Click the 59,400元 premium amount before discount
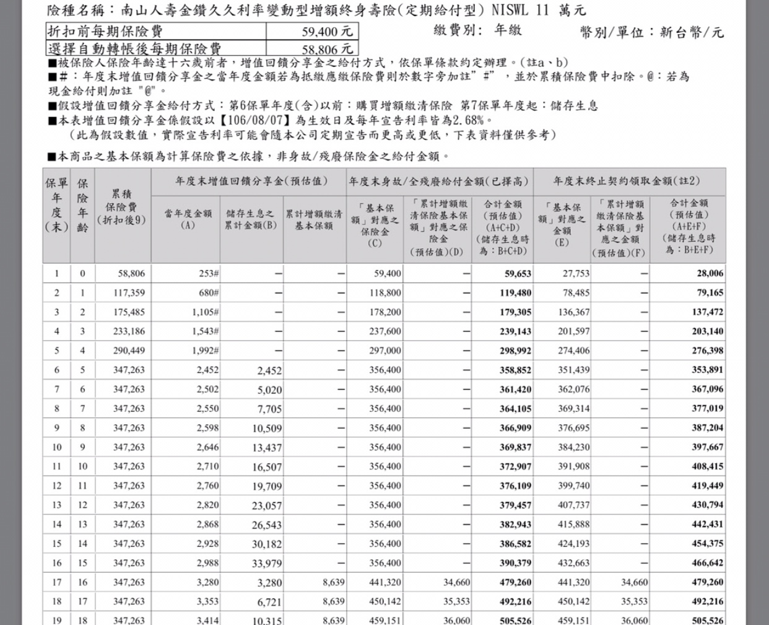coord(328,31)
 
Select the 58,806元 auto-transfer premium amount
coord(328,48)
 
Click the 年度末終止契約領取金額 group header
coord(627,181)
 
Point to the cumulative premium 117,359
coord(129,292)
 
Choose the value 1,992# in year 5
coord(205,351)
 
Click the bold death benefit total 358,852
coord(515,370)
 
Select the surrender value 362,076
coord(574,389)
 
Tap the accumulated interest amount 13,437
coord(267,447)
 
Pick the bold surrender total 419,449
coord(707,486)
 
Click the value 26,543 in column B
coord(267,525)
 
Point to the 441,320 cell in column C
coord(384,582)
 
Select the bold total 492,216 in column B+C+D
coord(515,601)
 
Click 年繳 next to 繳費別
coord(508,30)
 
